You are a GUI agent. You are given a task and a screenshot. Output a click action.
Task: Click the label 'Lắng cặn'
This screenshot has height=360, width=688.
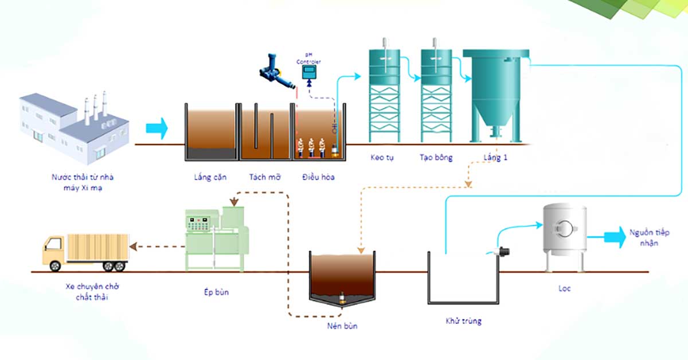click(210, 177)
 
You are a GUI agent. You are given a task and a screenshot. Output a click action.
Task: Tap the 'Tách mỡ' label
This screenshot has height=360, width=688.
click(265, 177)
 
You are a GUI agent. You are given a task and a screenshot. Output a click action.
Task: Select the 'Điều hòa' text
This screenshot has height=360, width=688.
click(318, 177)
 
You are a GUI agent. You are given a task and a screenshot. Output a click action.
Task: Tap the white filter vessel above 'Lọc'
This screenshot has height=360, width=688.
click(565, 229)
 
